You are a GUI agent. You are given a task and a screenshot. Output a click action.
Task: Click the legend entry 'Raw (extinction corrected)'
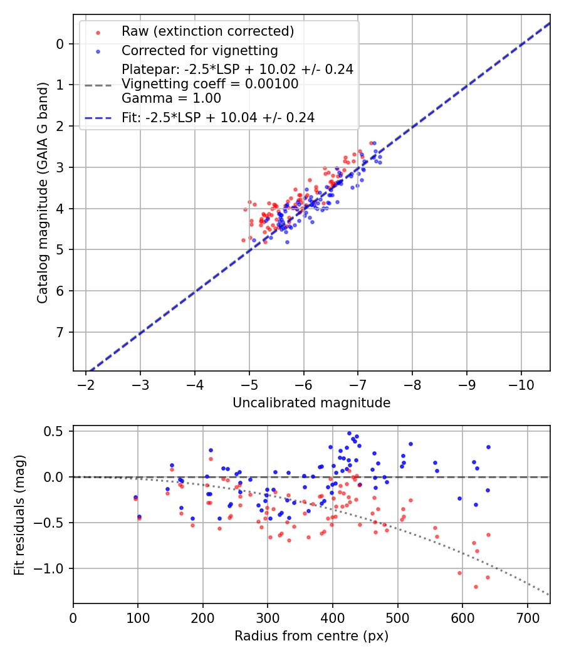207,31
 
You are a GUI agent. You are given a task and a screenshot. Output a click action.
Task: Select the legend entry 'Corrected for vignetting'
199,50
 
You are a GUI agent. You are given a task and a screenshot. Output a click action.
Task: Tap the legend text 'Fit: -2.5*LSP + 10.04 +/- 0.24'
217,117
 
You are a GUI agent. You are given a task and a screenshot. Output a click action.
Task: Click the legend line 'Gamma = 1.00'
171,98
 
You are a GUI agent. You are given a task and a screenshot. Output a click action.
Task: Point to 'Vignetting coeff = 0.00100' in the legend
210,84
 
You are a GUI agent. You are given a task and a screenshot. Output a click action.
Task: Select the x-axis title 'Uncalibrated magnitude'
311,403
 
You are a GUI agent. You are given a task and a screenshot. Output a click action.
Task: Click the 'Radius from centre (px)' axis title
311,636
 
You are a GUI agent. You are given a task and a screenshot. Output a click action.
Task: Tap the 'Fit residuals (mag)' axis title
19,514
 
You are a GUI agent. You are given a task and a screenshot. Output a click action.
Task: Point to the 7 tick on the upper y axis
60,332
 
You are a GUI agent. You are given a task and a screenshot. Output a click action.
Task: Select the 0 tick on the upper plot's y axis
60,44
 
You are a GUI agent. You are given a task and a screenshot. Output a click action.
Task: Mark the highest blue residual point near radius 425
349,433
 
